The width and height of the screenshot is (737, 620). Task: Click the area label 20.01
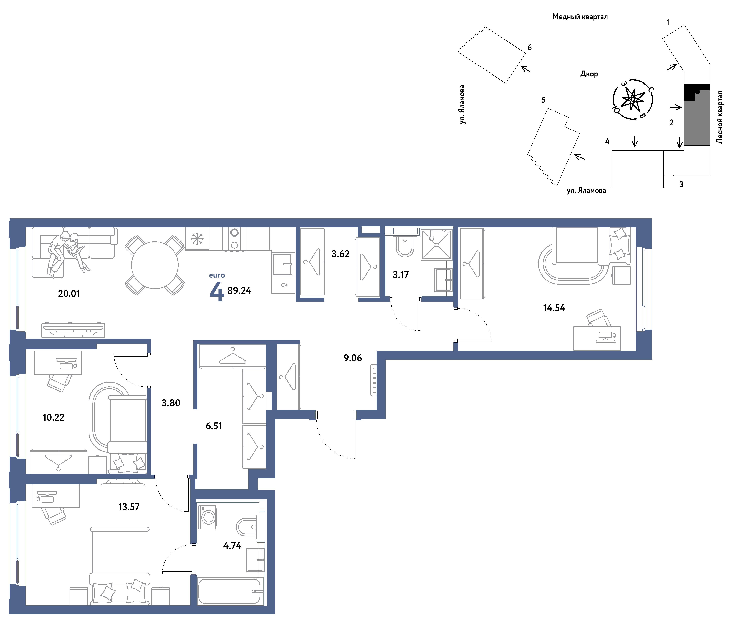pyautogui.click(x=69, y=294)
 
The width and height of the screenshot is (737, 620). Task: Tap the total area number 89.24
pyautogui.click(x=239, y=291)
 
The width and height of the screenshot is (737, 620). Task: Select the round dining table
pyautogui.click(x=155, y=265)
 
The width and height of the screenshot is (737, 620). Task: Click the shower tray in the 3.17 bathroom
pyautogui.click(x=436, y=245)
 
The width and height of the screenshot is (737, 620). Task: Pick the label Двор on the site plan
pyautogui.click(x=589, y=74)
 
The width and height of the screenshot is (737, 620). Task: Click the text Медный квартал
pyautogui.click(x=580, y=17)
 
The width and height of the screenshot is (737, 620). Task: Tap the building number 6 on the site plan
pyautogui.click(x=529, y=47)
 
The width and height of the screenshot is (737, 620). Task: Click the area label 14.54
pyautogui.click(x=554, y=308)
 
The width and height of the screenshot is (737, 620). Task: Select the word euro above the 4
pyautogui.click(x=217, y=275)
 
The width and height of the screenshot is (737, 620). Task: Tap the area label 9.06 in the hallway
pyautogui.click(x=353, y=358)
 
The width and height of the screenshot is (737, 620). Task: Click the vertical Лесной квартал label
pyautogui.click(x=719, y=117)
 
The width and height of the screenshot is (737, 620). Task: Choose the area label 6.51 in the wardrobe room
pyautogui.click(x=214, y=426)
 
